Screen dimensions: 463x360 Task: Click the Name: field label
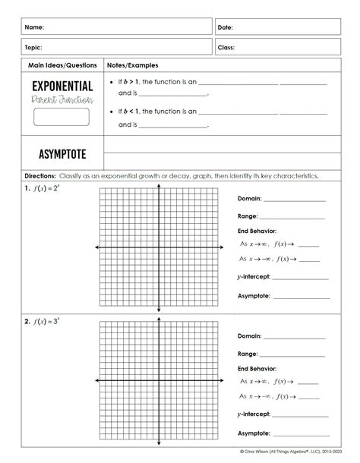tap(33, 27)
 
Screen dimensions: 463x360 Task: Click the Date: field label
tap(226, 27)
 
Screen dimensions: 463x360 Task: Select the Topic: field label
tap(33, 47)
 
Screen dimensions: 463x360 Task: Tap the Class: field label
tap(226, 47)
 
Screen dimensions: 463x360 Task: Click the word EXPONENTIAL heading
tap(62, 87)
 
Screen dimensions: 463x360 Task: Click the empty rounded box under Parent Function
tap(62, 117)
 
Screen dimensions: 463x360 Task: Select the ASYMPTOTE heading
tap(62, 155)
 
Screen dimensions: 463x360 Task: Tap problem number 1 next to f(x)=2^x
tap(27, 188)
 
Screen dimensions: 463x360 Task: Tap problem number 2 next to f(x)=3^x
tap(27, 322)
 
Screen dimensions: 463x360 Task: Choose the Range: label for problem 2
tap(248, 354)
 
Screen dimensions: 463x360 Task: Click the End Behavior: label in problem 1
tap(257, 231)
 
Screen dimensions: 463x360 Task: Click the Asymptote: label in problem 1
tap(254, 296)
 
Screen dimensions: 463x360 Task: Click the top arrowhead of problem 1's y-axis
tap(158, 185)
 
